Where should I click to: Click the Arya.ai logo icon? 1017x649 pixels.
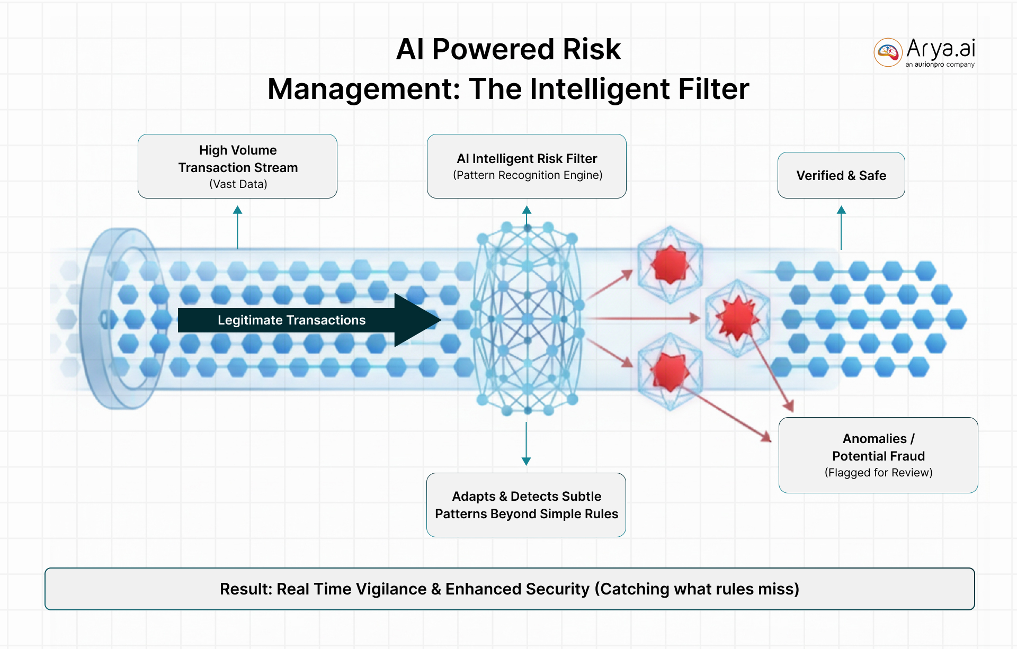(x=888, y=52)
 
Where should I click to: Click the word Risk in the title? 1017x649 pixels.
(x=591, y=50)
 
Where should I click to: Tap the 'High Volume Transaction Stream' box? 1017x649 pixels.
(x=237, y=166)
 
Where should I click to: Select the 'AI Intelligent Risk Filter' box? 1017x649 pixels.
(x=527, y=166)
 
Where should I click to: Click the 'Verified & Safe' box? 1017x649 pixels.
(x=841, y=175)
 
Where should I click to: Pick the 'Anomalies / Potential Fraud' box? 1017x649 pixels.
(x=878, y=455)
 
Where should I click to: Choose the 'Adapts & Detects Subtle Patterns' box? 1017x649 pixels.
(x=526, y=505)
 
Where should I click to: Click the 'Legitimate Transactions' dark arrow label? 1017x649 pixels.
(x=292, y=320)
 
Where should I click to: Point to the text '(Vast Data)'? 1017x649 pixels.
(x=238, y=184)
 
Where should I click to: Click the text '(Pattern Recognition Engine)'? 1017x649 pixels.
(x=528, y=175)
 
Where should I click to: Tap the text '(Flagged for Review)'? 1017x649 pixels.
(x=878, y=473)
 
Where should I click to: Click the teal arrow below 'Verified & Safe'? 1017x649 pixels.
(x=841, y=228)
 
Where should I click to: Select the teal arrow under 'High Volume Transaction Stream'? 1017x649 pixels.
(x=237, y=228)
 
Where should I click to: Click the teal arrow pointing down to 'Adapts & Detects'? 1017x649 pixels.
(x=526, y=444)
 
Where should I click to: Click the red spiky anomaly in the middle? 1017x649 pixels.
(x=737, y=317)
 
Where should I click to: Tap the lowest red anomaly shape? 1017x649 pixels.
(x=670, y=371)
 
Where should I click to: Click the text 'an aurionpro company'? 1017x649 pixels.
(x=940, y=65)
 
